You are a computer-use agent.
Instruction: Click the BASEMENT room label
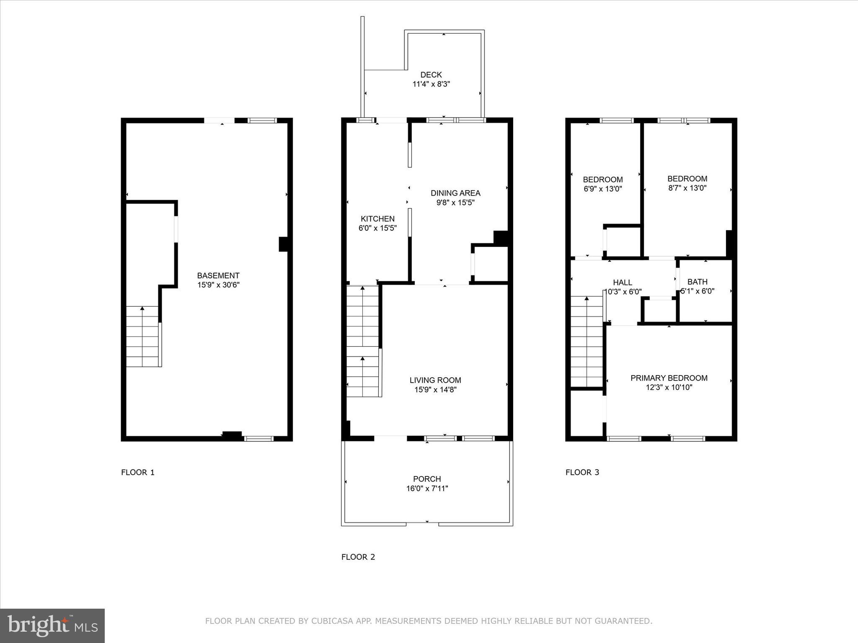pyautogui.click(x=218, y=275)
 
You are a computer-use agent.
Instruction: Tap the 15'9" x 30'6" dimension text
pyautogui.click(x=218, y=285)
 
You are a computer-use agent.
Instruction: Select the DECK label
pyautogui.click(x=431, y=75)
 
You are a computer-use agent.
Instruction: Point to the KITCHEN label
pyautogui.click(x=377, y=219)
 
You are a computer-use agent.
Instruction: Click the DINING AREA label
pyautogui.click(x=455, y=193)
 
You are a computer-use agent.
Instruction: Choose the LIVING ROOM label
pyautogui.click(x=435, y=380)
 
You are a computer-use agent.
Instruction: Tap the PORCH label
pyautogui.click(x=427, y=479)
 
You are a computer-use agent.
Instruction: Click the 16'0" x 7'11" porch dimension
pyautogui.click(x=427, y=489)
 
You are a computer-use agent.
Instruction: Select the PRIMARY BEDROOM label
pyautogui.click(x=669, y=378)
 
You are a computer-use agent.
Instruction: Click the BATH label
pyautogui.click(x=697, y=282)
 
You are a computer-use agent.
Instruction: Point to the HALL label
pyautogui.click(x=622, y=283)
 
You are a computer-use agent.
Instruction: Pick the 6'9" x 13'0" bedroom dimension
pyautogui.click(x=602, y=189)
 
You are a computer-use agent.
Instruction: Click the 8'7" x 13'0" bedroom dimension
pyautogui.click(x=687, y=188)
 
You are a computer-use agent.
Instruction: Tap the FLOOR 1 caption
pyautogui.click(x=138, y=473)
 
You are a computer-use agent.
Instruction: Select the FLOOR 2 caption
pyautogui.click(x=358, y=557)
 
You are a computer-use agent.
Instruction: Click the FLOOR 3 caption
pyautogui.click(x=582, y=473)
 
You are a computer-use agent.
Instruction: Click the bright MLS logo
pyautogui.click(x=52, y=625)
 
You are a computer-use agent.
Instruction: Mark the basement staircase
pyautogui.click(x=142, y=337)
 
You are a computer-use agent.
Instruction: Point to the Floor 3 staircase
pyautogui.click(x=587, y=341)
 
